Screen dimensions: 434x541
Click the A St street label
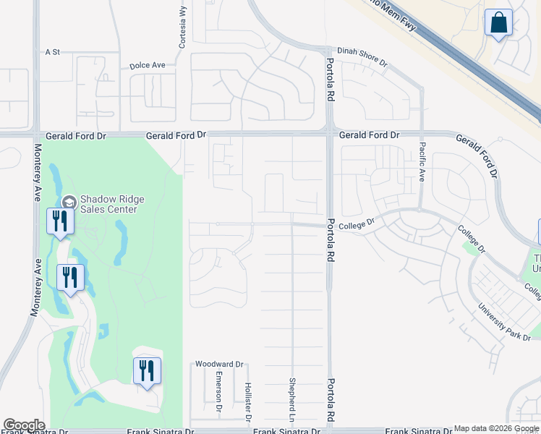click(x=52, y=52)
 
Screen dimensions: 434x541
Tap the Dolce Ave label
click(x=148, y=65)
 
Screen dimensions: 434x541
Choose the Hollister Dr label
click(x=247, y=402)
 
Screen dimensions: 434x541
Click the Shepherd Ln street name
click(x=293, y=399)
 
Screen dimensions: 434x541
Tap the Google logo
click(x=24, y=425)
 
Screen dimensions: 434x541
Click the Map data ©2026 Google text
click(x=496, y=428)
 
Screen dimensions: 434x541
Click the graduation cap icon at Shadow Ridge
click(x=69, y=202)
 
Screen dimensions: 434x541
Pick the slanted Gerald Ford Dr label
click(x=477, y=154)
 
